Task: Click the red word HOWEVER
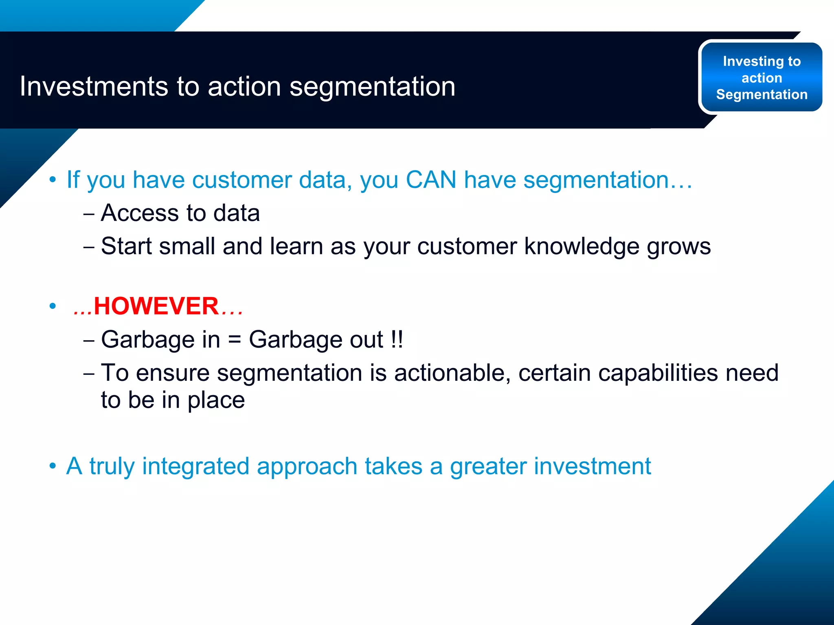click(x=156, y=306)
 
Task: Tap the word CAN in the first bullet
click(x=431, y=179)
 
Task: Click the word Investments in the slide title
click(x=94, y=86)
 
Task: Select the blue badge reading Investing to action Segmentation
click(x=761, y=77)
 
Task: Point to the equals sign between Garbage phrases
click(x=235, y=340)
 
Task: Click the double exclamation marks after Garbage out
click(x=397, y=339)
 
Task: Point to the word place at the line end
click(x=216, y=400)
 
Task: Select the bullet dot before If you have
click(x=53, y=180)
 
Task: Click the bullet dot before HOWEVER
click(x=53, y=306)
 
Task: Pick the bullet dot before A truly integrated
click(x=53, y=466)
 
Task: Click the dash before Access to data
click(x=89, y=214)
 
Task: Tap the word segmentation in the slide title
click(x=372, y=86)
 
